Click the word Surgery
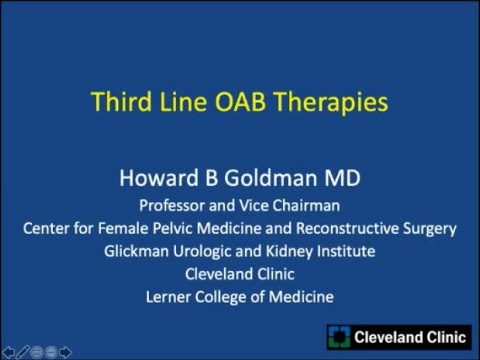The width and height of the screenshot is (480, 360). tap(430, 228)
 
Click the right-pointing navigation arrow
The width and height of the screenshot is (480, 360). tap(65, 351)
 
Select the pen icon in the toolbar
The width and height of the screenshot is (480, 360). tap(23, 351)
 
